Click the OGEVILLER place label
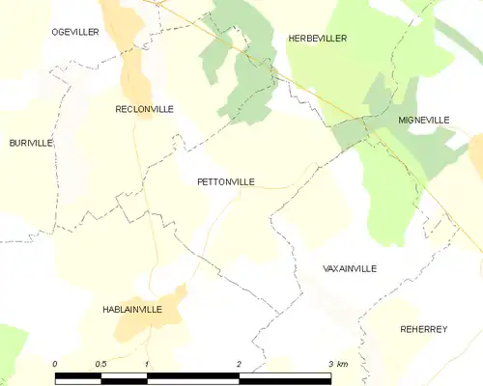coord(74,32)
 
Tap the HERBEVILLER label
coord(317,38)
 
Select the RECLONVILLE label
coord(144,109)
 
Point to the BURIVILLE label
coord(31,143)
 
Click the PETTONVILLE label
coord(225,180)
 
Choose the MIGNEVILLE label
coord(423,120)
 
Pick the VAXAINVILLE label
coord(350,268)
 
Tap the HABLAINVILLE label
coord(131,309)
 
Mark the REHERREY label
coord(424,329)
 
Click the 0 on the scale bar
coord(55,364)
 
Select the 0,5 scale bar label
coord(100,364)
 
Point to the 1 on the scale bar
coord(147,364)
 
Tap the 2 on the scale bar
coord(239,364)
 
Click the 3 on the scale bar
coord(329,364)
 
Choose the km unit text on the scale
coord(342,364)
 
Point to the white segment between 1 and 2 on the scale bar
coord(192,379)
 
